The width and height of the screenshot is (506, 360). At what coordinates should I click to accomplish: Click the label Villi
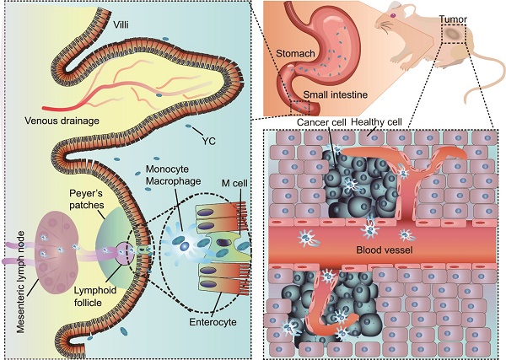(x=121, y=24)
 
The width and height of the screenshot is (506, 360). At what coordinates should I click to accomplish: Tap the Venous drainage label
(x=62, y=121)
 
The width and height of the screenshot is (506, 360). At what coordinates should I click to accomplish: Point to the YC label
(x=209, y=141)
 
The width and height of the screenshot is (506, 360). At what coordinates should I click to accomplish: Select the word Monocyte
(x=167, y=169)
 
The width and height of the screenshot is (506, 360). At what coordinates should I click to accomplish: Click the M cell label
(x=234, y=183)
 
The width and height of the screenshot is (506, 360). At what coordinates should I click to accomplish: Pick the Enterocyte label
(x=213, y=322)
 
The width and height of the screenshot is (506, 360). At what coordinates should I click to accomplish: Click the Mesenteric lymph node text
(x=20, y=282)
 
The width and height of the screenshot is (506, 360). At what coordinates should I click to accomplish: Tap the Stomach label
(x=295, y=53)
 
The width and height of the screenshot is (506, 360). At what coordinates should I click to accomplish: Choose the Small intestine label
(x=336, y=94)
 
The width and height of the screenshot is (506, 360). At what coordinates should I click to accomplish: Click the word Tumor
(x=453, y=19)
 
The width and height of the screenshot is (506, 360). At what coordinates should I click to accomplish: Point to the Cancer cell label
(x=321, y=122)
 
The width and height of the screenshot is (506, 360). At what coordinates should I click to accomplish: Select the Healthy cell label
(x=376, y=122)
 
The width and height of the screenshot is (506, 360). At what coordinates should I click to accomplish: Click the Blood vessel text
(x=385, y=250)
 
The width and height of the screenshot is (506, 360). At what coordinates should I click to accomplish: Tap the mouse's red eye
(x=393, y=15)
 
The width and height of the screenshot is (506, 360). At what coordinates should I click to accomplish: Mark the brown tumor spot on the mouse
(x=453, y=33)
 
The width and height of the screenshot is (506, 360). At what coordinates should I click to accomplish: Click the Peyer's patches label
(x=87, y=199)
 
